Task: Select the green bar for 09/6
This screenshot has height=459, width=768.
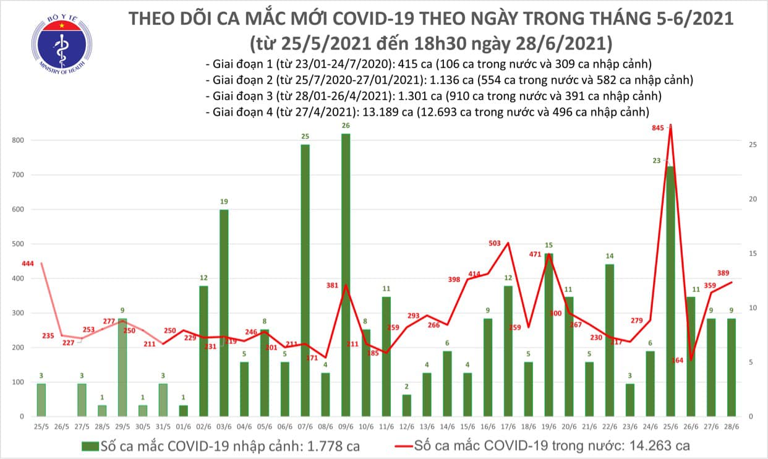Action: tap(345, 275)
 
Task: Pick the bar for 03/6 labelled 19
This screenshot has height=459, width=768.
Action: tap(224, 312)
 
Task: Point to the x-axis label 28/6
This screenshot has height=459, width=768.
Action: tap(730, 426)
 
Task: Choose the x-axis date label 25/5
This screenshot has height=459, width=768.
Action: tap(41, 426)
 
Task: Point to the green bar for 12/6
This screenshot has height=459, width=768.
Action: tap(406, 405)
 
